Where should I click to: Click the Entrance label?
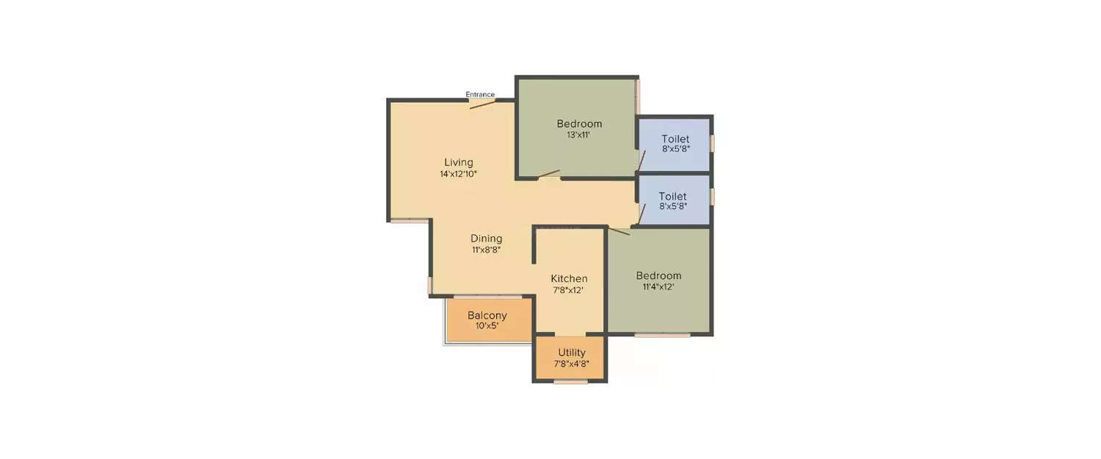(480, 95)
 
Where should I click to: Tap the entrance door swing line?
(483, 104)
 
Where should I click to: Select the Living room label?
(459, 162)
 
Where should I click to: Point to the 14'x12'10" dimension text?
(459, 174)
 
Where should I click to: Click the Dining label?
(487, 239)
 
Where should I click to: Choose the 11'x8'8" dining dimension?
(487, 250)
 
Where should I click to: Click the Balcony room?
(488, 320)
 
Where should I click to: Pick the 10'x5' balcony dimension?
(487, 325)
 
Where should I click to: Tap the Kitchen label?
(570, 278)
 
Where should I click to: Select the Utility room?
(571, 358)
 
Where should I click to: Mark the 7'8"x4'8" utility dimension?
(572, 363)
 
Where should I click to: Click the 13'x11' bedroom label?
(579, 134)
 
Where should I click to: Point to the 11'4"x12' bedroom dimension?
(658, 287)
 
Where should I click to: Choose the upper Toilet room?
(675, 144)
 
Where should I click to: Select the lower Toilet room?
(673, 200)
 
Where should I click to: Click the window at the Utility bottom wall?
(570, 381)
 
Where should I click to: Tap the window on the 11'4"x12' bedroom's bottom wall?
(662, 336)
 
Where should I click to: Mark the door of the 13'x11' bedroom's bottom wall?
(549, 176)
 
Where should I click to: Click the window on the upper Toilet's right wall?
(712, 142)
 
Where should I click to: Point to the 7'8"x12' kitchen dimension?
(569, 290)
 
